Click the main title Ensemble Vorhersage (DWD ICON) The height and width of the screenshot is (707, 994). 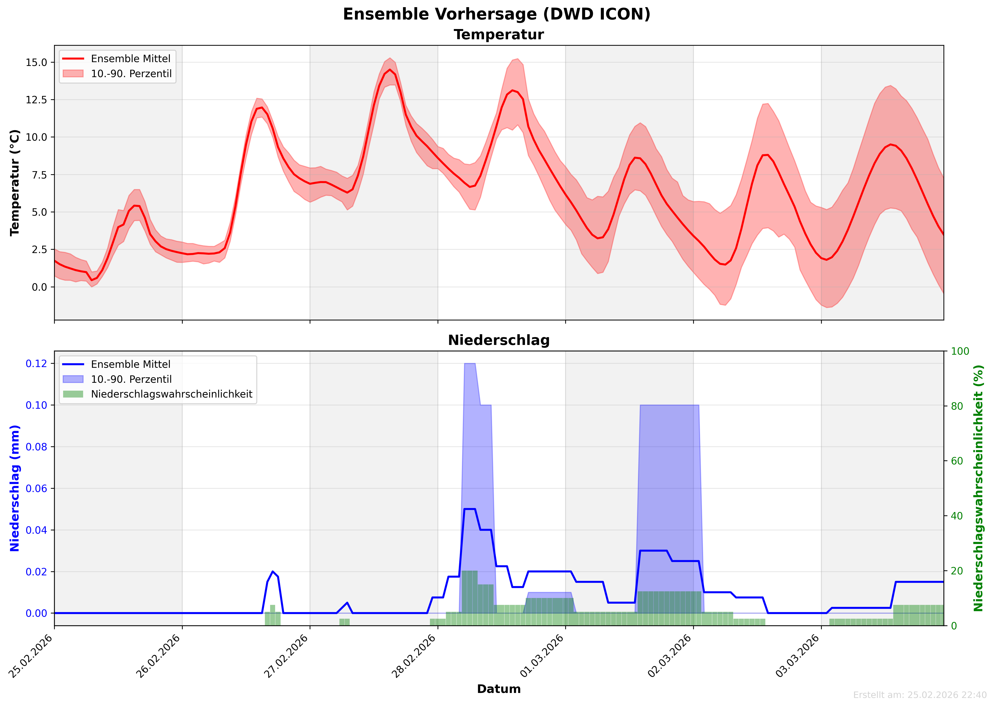tap(497, 14)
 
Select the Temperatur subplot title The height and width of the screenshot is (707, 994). tap(499, 35)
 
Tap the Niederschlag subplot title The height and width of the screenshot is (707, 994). tap(499, 340)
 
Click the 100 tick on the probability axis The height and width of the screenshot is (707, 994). tap(960, 351)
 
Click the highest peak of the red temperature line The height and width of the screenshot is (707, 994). tap(390, 70)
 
